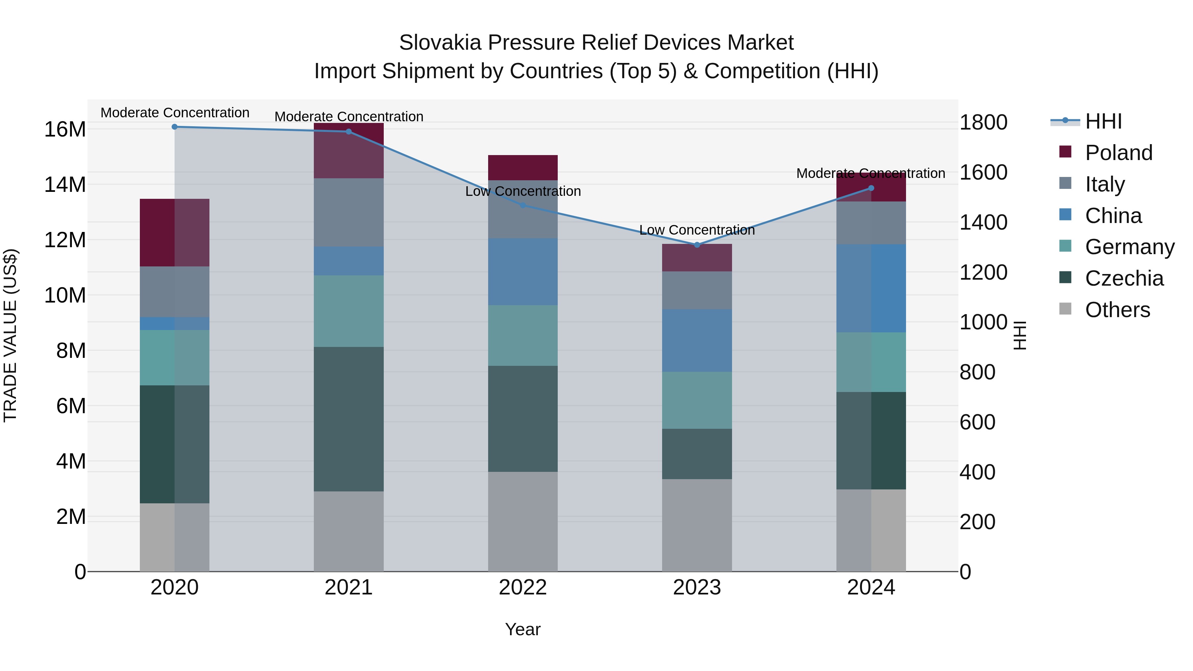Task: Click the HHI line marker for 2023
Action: [x=697, y=245]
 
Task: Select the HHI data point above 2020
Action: [x=175, y=127]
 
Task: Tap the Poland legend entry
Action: [x=1118, y=153]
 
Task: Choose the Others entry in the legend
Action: [x=1117, y=310]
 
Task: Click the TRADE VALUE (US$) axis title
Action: [x=10, y=335]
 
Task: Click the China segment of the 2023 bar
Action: [x=697, y=340]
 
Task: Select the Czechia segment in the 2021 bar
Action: [x=349, y=419]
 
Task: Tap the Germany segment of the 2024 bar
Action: [x=871, y=362]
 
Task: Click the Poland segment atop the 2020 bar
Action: [x=175, y=233]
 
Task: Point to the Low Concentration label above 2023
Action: [x=697, y=230]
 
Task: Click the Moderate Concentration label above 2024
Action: [x=871, y=174]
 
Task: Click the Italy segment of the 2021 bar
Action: [x=349, y=212]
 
